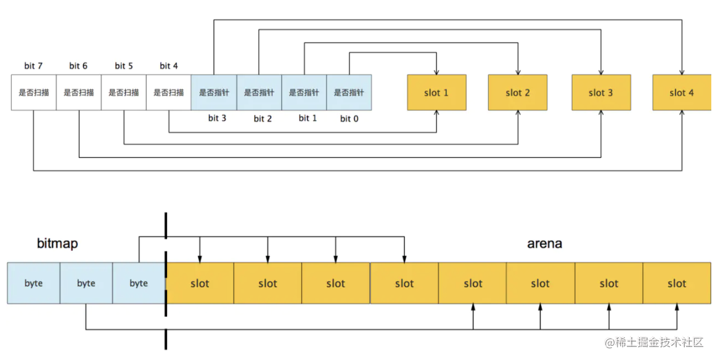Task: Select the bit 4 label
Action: click(x=168, y=65)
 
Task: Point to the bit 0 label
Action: click(x=349, y=118)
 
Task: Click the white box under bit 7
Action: click(x=33, y=92)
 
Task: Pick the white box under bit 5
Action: click(x=123, y=92)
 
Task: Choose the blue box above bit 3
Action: click(x=213, y=92)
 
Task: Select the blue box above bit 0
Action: click(x=349, y=92)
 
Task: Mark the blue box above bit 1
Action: click(x=304, y=92)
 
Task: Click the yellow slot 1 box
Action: click(x=436, y=92)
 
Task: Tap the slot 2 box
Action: click(x=518, y=92)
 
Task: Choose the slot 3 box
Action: click(x=601, y=92)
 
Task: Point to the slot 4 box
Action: click(x=682, y=92)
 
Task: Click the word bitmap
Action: click(x=57, y=244)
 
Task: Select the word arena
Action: click(x=544, y=243)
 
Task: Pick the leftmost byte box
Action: click(x=33, y=283)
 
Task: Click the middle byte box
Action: click(x=86, y=283)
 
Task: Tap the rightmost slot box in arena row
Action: click(x=677, y=283)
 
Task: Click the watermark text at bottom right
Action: click(x=654, y=343)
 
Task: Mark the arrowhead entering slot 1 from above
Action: click(x=436, y=72)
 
